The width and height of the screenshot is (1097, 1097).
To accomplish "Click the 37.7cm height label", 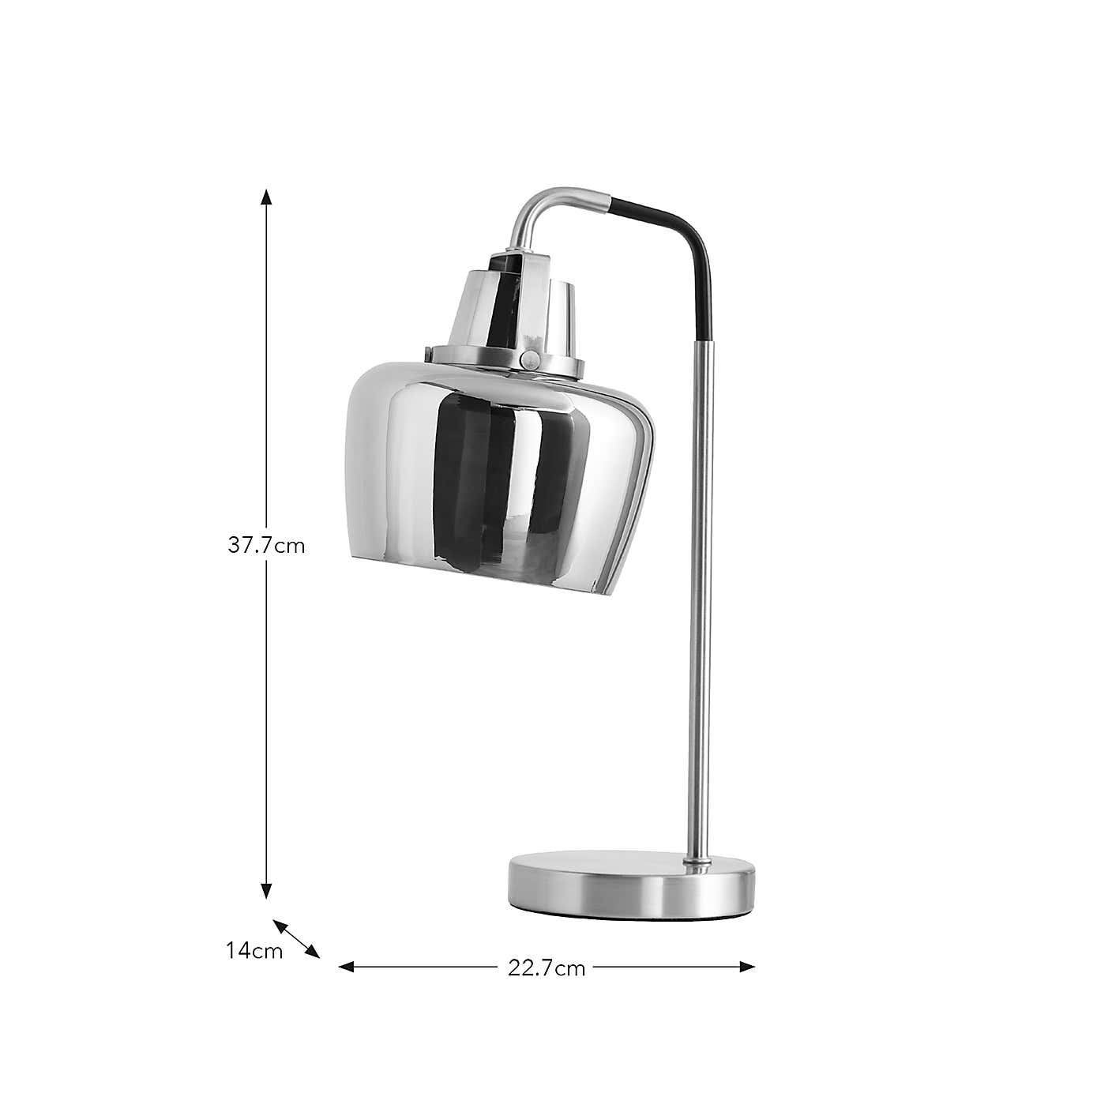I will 266,546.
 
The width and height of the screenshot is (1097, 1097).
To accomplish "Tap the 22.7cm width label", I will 547,968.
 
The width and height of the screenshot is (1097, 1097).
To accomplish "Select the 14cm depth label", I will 254,951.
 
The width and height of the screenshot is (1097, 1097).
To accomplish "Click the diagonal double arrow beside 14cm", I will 297,939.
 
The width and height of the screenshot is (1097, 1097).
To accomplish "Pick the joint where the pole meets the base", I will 696,859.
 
